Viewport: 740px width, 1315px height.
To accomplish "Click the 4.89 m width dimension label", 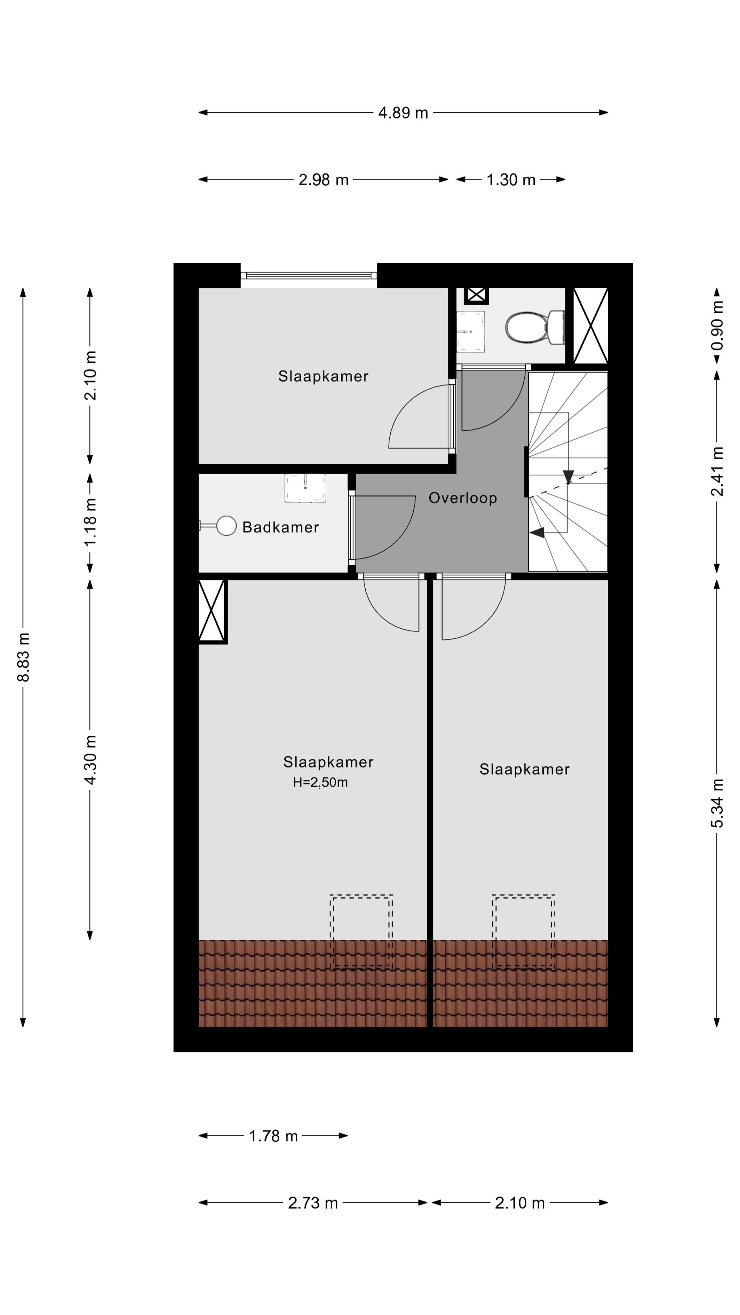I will pos(403,113).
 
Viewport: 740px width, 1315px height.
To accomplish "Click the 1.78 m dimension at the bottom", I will pos(273,1136).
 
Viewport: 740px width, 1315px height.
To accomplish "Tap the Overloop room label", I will pos(462,498).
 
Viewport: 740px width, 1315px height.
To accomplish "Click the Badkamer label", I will pos(280,527).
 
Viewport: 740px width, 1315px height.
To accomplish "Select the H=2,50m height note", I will pos(320,782).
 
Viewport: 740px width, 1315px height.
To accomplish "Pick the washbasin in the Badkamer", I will pos(305,488).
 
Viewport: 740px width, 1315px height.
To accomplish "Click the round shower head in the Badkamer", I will pos(226,525).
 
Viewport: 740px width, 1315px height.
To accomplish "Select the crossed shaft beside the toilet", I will pos(590,326).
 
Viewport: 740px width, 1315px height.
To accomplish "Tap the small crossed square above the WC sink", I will pos(476,295).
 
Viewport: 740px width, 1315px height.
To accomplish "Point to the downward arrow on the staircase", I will pos(568,476).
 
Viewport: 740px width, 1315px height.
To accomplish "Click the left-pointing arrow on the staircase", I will pos(537,533).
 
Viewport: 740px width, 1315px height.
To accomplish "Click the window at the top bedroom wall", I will pos(308,276).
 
